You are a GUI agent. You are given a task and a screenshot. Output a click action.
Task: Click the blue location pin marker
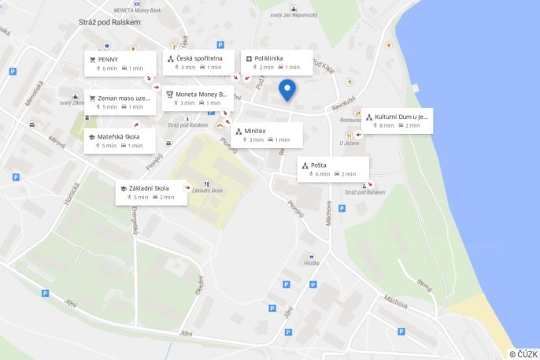click(288, 90)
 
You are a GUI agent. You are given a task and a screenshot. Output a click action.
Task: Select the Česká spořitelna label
click(199, 58)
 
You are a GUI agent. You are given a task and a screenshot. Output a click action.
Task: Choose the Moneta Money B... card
click(201, 94)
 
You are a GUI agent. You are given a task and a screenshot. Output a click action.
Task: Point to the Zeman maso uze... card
click(124, 98)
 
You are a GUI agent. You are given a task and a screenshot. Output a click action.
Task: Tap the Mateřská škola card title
click(118, 136)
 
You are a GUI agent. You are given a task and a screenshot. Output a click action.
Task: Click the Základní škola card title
click(150, 188)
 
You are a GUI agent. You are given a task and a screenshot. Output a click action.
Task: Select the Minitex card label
click(255, 131)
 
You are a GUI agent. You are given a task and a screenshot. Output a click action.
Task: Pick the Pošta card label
click(318, 165)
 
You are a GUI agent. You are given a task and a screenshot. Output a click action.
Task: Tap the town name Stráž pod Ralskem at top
click(109, 22)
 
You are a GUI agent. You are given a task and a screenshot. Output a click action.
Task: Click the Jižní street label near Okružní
click(186, 334)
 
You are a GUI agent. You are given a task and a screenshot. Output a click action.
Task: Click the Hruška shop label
click(312, 262)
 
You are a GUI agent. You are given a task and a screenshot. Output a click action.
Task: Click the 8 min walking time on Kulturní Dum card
click(387, 125)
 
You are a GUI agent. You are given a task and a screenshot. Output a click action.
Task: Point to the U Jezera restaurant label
click(349, 143)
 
